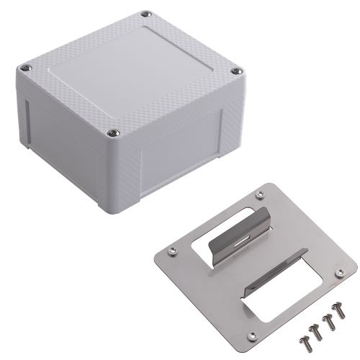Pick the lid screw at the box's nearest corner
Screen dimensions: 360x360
113,132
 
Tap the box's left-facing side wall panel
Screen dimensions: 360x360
61,137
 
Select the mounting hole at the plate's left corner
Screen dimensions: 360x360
171,251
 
